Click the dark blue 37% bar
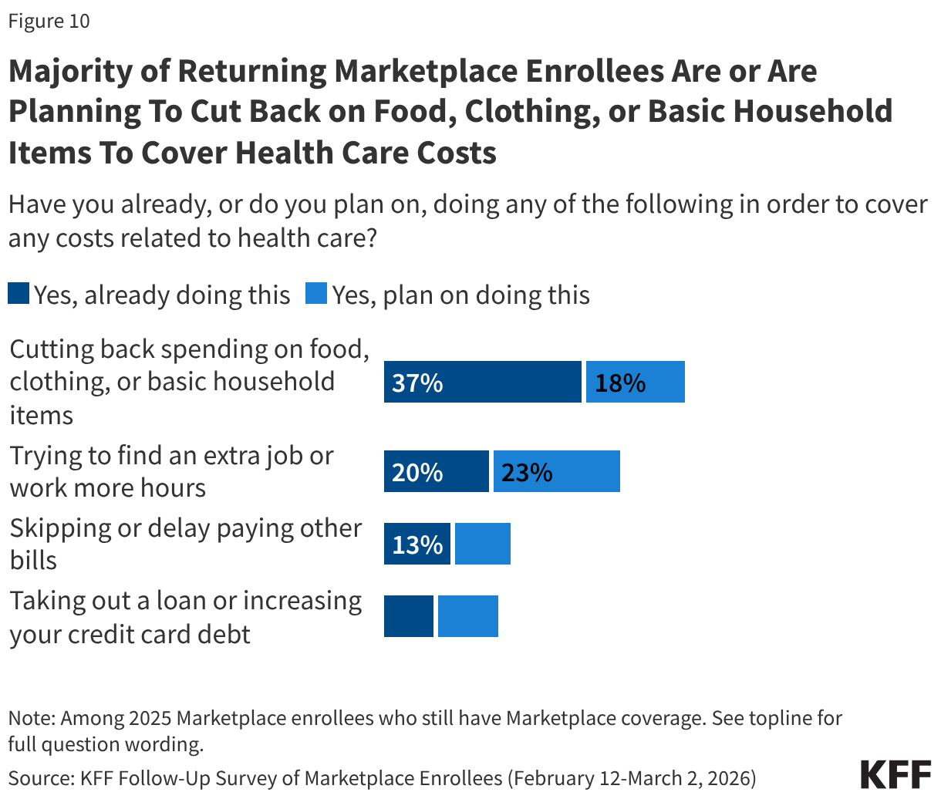(482, 382)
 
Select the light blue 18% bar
(635, 382)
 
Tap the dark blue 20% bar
(436, 471)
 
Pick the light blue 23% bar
(556, 471)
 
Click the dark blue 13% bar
(417, 544)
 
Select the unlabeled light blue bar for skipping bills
(482, 544)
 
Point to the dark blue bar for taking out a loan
(408, 616)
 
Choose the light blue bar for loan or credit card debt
(467, 616)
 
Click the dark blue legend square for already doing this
(19, 294)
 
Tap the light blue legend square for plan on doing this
(316, 294)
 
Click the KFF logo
(895, 774)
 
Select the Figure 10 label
(49, 21)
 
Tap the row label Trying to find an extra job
(171, 471)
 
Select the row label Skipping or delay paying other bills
(185, 544)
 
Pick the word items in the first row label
(41, 416)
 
